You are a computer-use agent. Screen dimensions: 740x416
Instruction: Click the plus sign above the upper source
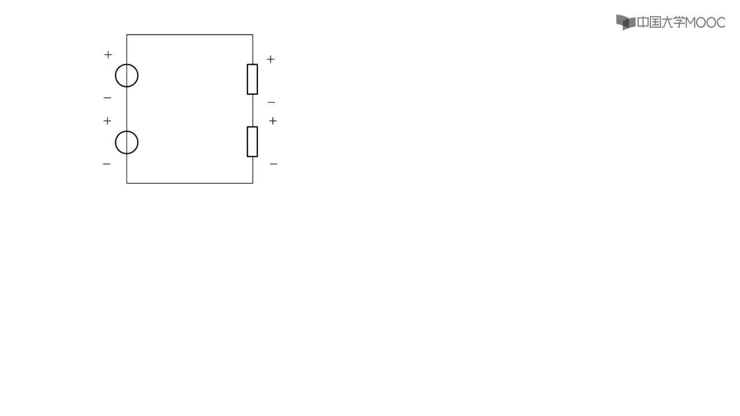pyautogui.click(x=108, y=54)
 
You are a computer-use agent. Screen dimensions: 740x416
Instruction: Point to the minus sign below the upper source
pyautogui.click(x=108, y=98)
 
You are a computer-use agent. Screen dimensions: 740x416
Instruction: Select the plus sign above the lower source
pyautogui.click(x=107, y=121)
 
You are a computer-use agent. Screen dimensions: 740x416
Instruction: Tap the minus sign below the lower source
pyautogui.click(x=106, y=164)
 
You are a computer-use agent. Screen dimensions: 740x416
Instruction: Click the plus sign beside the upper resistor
pyautogui.click(x=271, y=59)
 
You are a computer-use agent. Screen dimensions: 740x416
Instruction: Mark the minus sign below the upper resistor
pyautogui.click(x=271, y=103)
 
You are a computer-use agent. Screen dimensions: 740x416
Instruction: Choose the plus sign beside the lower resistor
pyautogui.click(x=272, y=121)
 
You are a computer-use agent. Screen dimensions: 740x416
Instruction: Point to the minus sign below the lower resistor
pyautogui.click(x=273, y=164)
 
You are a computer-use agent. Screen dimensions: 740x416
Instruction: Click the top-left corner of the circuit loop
pyautogui.click(x=127, y=35)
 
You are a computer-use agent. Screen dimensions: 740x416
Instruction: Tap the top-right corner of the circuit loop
pyautogui.click(x=253, y=35)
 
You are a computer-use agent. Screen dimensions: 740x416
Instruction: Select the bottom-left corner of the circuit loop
pyautogui.click(x=127, y=183)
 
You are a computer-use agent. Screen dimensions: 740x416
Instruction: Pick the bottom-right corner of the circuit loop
pyautogui.click(x=253, y=183)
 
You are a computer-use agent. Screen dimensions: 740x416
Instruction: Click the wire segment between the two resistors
pyautogui.click(x=253, y=110)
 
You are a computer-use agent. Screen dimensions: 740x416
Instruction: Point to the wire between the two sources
pyautogui.click(x=127, y=109)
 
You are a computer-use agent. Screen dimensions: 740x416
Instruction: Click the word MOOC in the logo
pyautogui.click(x=705, y=23)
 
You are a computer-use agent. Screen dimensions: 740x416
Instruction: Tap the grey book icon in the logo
pyautogui.click(x=626, y=22)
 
